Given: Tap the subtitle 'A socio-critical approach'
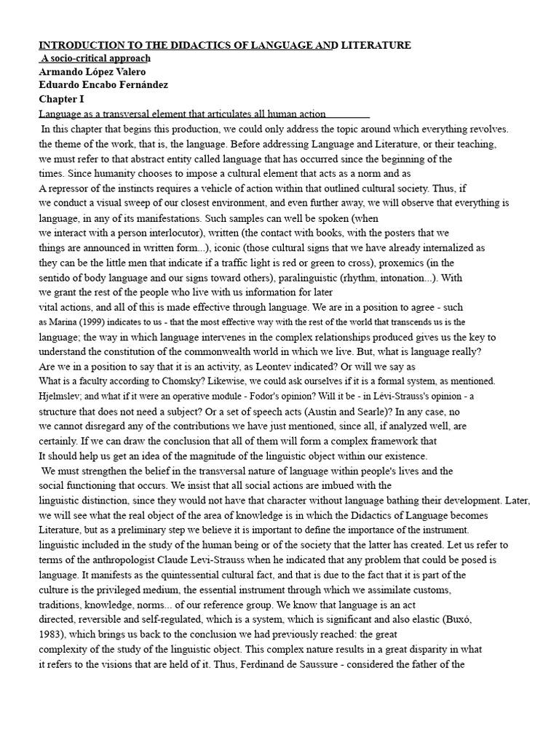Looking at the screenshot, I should point(95,58).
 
